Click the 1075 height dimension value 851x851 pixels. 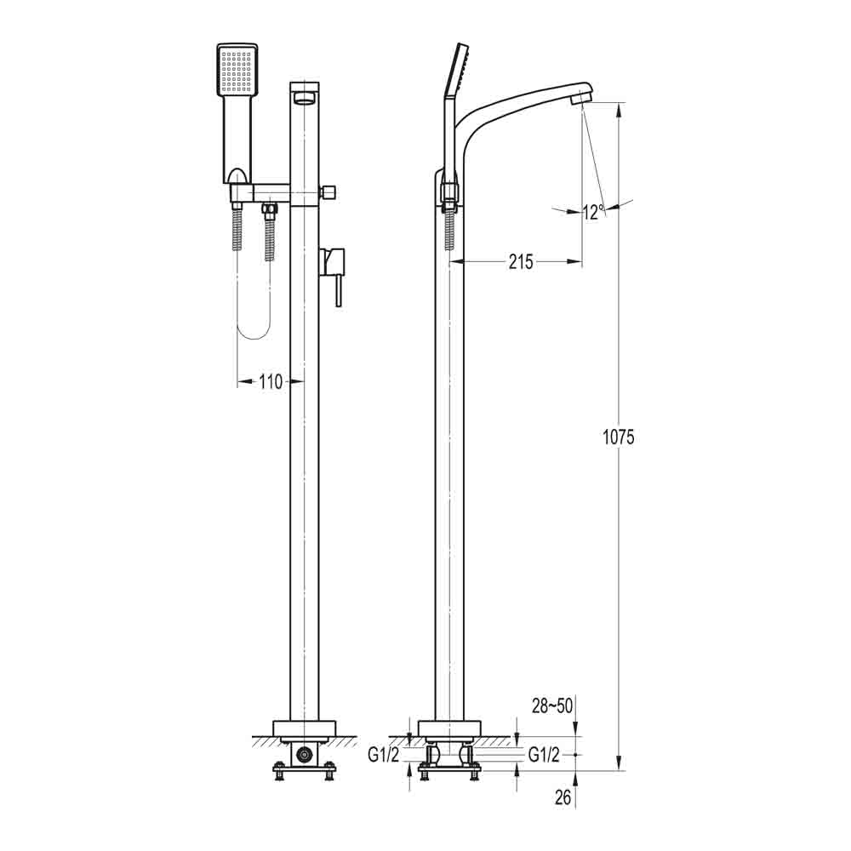click(x=618, y=437)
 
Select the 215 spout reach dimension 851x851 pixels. click(x=520, y=262)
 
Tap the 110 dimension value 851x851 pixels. click(x=270, y=382)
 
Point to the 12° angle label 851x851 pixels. click(x=593, y=212)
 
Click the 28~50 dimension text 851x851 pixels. click(x=551, y=705)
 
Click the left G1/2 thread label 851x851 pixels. click(x=383, y=754)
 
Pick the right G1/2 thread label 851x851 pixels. click(x=544, y=754)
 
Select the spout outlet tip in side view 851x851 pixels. click(x=581, y=97)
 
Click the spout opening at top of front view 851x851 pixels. click(x=304, y=100)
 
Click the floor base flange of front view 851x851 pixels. click(x=304, y=728)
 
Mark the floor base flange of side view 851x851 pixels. click(x=449, y=728)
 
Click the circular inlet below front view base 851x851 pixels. click(x=304, y=754)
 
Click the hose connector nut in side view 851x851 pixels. click(x=449, y=193)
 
